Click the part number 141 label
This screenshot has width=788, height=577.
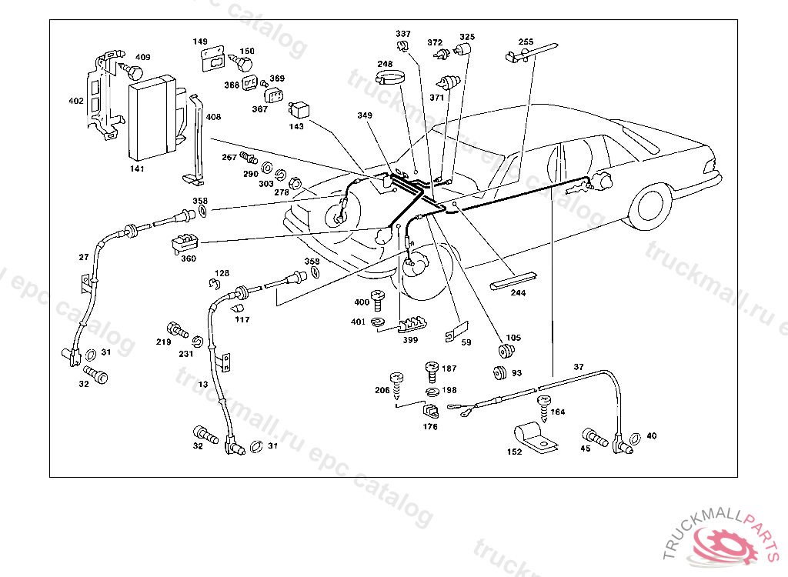tap(137, 169)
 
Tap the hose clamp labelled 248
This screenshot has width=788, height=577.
tap(390, 78)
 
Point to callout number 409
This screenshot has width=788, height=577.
tap(142, 57)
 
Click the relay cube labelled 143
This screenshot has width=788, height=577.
tap(299, 111)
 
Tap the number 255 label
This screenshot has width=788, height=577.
tap(526, 42)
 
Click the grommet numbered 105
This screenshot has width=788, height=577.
tap(506, 352)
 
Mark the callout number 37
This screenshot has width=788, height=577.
tap(579, 368)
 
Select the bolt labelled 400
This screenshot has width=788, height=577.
tap(377, 300)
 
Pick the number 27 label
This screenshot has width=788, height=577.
tap(84, 257)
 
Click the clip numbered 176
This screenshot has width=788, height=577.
tap(430, 411)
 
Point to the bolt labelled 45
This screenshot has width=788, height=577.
tap(595, 437)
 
